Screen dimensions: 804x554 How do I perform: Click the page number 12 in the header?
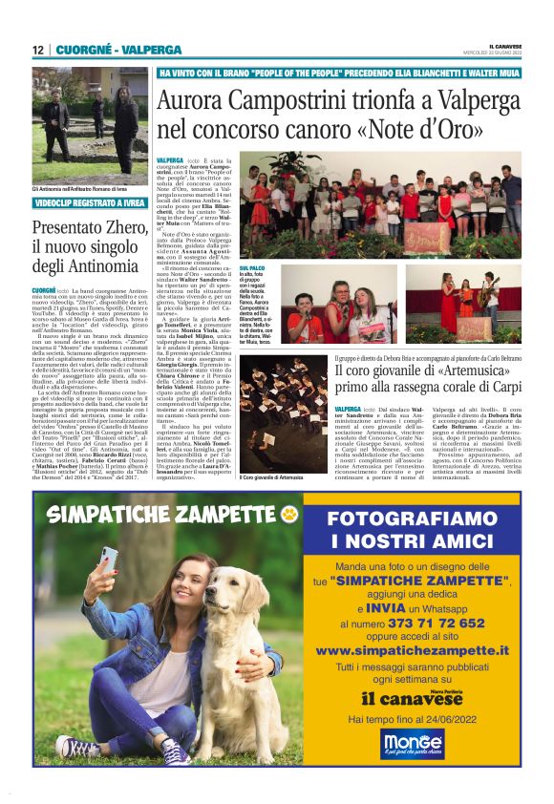pyautogui.click(x=37, y=50)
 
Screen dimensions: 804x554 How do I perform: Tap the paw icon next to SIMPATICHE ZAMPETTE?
pyautogui.click(x=289, y=516)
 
